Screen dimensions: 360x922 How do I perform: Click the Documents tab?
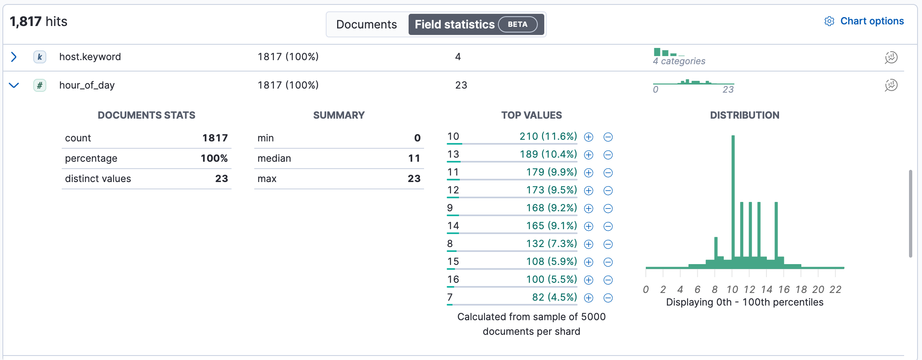(x=366, y=24)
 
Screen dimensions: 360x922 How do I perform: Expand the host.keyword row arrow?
(x=14, y=57)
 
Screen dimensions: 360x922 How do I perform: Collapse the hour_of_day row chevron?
(x=14, y=85)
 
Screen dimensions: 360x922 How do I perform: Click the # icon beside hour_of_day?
(x=39, y=85)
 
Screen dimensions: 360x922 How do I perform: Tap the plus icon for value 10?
(x=589, y=137)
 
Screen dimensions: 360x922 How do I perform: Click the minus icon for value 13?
(x=608, y=155)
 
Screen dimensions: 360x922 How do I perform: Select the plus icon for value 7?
(x=589, y=298)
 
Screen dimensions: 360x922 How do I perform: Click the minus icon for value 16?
(x=608, y=280)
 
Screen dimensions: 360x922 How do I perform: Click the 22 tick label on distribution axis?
(x=835, y=289)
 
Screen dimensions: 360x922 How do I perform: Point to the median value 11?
(x=414, y=158)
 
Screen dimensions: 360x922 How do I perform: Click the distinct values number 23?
(x=221, y=179)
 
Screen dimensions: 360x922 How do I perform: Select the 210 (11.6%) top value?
(x=548, y=137)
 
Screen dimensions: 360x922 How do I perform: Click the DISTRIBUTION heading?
(x=745, y=115)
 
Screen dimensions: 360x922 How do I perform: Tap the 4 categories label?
(x=679, y=61)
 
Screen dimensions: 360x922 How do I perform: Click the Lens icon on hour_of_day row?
(x=891, y=85)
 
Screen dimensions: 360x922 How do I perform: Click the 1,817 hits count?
(x=39, y=22)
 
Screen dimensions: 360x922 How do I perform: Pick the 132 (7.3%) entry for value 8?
(x=551, y=244)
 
